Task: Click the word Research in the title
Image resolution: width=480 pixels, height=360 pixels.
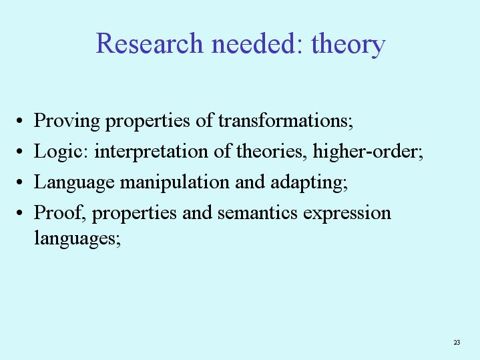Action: [150, 43]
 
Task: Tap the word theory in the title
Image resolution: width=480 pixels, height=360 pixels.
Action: [348, 45]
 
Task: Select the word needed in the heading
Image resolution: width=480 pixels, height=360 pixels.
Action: [254, 43]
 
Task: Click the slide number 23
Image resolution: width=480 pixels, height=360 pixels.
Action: [457, 342]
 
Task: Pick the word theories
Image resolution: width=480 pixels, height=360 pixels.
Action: [269, 151]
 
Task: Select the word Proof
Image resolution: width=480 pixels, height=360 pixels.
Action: [57, 212]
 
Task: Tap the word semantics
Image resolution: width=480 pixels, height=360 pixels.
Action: [258, 212]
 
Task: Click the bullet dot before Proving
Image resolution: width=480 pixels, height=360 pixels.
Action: [19, 121]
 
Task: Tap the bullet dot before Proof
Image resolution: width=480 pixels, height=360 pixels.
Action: [19, 212]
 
